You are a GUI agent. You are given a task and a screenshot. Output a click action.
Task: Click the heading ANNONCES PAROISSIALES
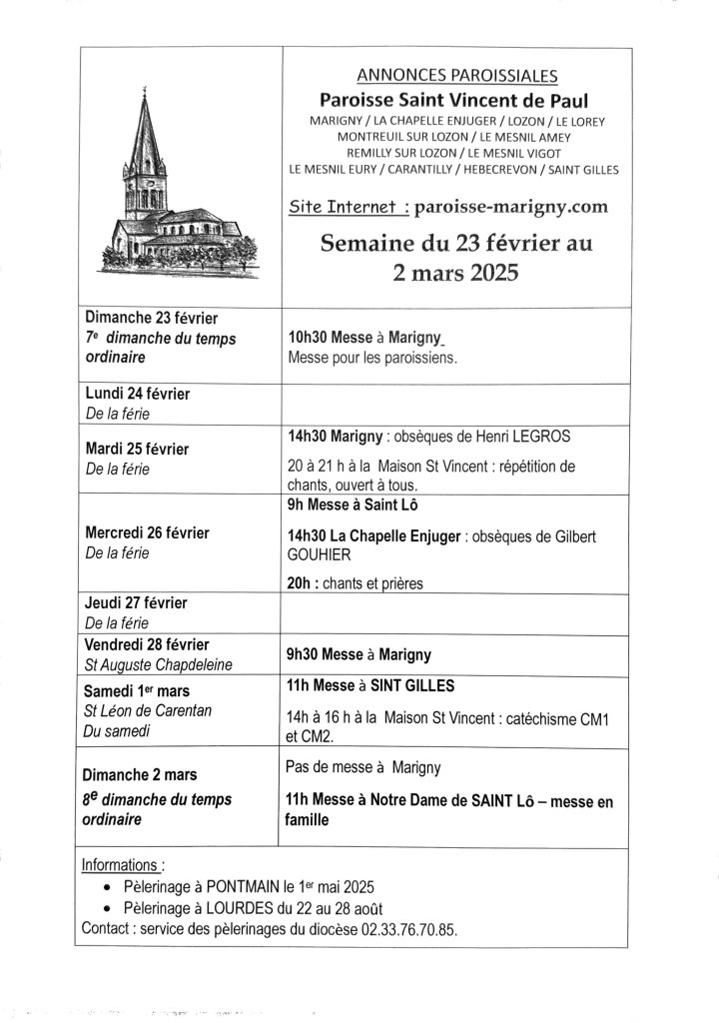(x=456, y=75)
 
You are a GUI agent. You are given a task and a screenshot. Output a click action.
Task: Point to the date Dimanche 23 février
(x=152, y=319)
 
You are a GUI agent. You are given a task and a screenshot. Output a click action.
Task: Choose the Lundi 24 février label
(x=138, y=394)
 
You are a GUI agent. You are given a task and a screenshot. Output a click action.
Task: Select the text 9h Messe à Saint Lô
(x=344, y=506)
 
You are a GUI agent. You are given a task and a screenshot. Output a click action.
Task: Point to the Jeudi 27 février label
(x=136, y=603)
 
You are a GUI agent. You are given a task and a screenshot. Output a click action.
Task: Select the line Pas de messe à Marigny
(x=363, y=767)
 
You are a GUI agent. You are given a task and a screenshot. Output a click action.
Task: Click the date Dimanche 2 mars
(x=141, y=774)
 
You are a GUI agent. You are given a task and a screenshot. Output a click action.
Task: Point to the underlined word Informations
(x=120, y=865)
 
